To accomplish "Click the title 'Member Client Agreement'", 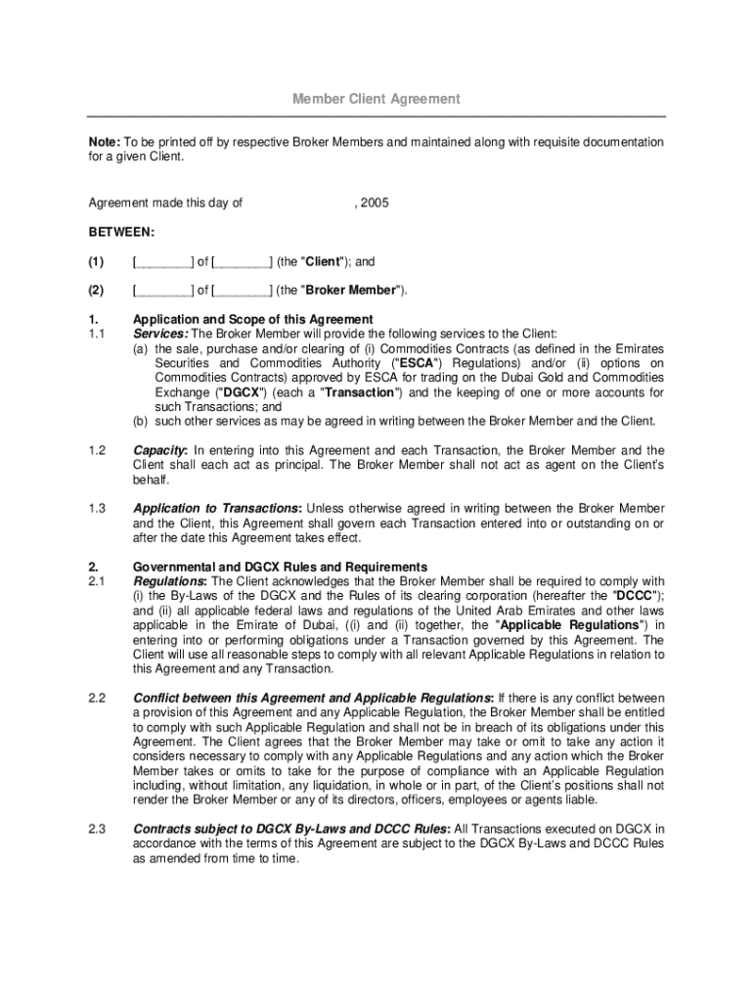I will (376, 100).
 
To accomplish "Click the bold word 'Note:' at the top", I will (105, 143).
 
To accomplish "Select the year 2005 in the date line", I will (373, 204).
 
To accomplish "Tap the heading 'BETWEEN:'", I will (121, 233).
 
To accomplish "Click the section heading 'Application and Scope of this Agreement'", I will (253, 320).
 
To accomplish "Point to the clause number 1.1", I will (97, 335).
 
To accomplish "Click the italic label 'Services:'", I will (160, 335).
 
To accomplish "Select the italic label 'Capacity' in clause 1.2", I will (159, 450).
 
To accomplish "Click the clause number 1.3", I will (97, 509).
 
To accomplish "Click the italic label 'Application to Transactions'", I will (216, 509).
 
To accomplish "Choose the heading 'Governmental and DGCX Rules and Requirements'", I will (280, 567).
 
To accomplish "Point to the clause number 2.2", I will (97, 698).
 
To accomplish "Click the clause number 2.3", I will (97, 829).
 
